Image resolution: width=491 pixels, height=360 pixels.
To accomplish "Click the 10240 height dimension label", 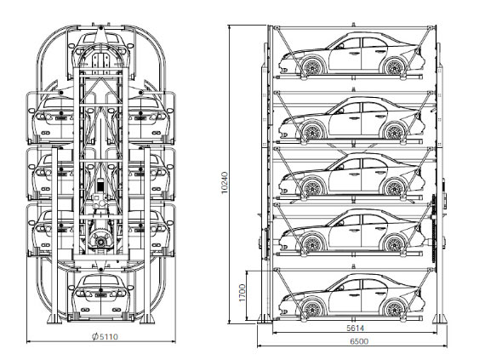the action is [226, 183].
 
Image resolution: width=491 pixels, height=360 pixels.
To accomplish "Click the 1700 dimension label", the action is [243, 293].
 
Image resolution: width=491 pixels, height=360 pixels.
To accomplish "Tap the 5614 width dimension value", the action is [355, 328].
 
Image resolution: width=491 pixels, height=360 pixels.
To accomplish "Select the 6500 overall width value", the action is [359, 341].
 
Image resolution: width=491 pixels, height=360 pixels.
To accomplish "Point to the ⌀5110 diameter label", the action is [105, 336].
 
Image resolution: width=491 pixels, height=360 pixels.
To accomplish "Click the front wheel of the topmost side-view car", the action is [312, 66].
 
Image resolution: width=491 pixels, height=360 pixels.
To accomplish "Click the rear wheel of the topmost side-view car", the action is [394, 66].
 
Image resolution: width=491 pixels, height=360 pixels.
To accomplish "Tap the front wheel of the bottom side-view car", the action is [312, 308].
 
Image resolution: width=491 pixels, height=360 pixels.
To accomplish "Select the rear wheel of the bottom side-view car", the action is [394, 308].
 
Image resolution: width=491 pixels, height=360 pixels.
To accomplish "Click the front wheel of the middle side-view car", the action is [312, 188].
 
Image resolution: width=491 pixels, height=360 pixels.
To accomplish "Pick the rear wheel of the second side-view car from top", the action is [394, 131].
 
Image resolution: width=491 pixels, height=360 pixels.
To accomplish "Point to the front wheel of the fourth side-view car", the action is [312, 243].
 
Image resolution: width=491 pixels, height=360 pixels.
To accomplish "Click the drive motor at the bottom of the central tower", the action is [100, 240].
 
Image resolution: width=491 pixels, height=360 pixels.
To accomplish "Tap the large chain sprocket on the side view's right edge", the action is [433, 229].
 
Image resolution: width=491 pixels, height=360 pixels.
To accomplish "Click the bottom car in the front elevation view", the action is [100, 297].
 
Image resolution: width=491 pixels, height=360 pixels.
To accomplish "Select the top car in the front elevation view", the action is [100, 47].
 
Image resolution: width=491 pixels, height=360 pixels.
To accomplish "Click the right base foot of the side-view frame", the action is [439, 317].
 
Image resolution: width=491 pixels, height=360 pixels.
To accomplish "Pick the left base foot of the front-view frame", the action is [54, 318].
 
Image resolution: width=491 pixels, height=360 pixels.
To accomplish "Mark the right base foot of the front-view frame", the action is [147, 318].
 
